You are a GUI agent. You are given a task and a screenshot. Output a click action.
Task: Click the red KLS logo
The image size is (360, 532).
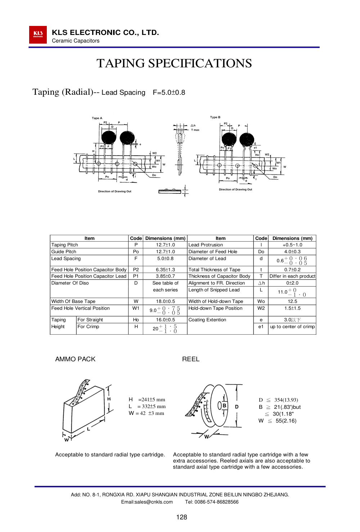(38, 35)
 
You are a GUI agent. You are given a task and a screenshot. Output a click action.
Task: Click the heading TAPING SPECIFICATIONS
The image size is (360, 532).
(174, 63)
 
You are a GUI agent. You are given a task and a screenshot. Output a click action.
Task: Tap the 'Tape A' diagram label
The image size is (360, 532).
(97, 118)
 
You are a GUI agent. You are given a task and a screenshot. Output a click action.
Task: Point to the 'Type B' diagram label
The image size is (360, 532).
(215, 117)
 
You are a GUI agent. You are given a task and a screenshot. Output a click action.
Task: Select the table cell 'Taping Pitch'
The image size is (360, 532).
(65, 245)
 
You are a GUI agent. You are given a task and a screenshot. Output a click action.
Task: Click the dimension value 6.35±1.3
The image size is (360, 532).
(165, 269)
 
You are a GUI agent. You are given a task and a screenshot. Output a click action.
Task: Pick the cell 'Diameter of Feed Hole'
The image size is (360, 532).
(213, 252)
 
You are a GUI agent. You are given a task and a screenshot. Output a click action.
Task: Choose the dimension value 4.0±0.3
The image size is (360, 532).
(292, 252)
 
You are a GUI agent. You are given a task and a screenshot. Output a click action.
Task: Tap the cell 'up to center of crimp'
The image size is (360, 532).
(292, 327)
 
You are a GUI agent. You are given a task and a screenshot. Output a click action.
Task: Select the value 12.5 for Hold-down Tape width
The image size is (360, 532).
(292, 301)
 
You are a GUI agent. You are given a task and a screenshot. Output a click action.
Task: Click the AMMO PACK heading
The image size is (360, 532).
(75, 359)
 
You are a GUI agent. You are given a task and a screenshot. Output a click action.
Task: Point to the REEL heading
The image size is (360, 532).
(191, 359)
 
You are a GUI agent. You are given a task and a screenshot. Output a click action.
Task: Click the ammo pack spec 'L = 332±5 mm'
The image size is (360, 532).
(147, 407)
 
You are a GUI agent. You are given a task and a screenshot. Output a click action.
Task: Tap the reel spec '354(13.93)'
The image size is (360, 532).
(286, 400)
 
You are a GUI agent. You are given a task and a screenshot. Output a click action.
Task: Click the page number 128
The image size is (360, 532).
(181, 517)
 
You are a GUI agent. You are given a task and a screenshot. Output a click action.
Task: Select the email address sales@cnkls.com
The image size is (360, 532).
(147, 502)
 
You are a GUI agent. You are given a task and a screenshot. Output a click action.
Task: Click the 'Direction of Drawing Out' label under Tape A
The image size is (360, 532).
(114, 192)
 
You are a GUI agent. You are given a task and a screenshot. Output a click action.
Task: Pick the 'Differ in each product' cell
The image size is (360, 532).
(292, 276)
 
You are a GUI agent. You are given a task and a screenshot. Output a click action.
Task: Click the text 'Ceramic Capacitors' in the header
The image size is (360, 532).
(76, 41)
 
